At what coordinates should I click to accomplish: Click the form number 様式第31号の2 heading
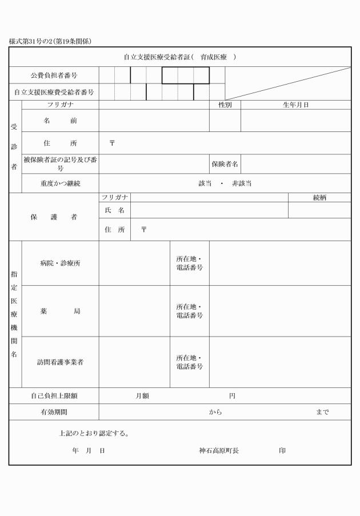(51, 41)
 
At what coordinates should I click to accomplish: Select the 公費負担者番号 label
(54, 75)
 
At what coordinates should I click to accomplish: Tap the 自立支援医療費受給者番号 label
(54, 91)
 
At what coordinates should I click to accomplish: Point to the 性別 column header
(225, 105)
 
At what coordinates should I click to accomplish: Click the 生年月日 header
(295, 105)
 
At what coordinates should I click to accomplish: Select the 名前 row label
(59, 121)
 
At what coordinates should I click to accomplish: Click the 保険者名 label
(225, 164)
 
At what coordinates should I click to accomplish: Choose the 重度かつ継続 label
(59, 183)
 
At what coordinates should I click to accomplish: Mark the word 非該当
(242, 183)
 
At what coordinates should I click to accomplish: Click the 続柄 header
(319, 197)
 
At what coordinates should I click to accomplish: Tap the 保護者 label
(54, 217)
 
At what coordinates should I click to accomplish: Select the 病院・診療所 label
(59, 263)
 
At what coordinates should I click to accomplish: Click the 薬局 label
(59, 311)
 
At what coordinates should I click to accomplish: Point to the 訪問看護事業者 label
(59, 362)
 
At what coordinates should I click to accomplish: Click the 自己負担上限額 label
(54, 395)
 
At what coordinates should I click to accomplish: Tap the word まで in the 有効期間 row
(322, 412)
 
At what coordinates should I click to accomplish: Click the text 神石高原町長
(219, 451)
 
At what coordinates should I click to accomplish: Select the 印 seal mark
(282, 451)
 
